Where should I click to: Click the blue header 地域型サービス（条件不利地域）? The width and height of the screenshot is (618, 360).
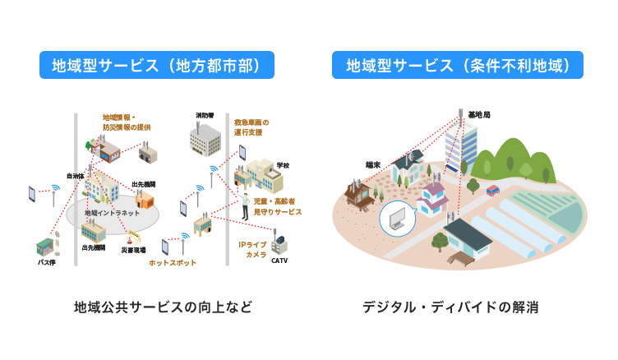click(x=458, y=66)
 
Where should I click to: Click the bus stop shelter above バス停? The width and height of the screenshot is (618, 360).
click(x=46, y=247)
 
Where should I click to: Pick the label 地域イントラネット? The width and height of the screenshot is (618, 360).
click(x=112, y=213)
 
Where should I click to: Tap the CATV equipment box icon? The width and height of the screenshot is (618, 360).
click(x=279, y=244)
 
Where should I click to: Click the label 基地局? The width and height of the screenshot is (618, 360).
click(x=478, y=115)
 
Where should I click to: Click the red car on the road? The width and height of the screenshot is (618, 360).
click(x=493, y=190)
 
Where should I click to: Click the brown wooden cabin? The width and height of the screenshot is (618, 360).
click(x=360, y=193)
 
